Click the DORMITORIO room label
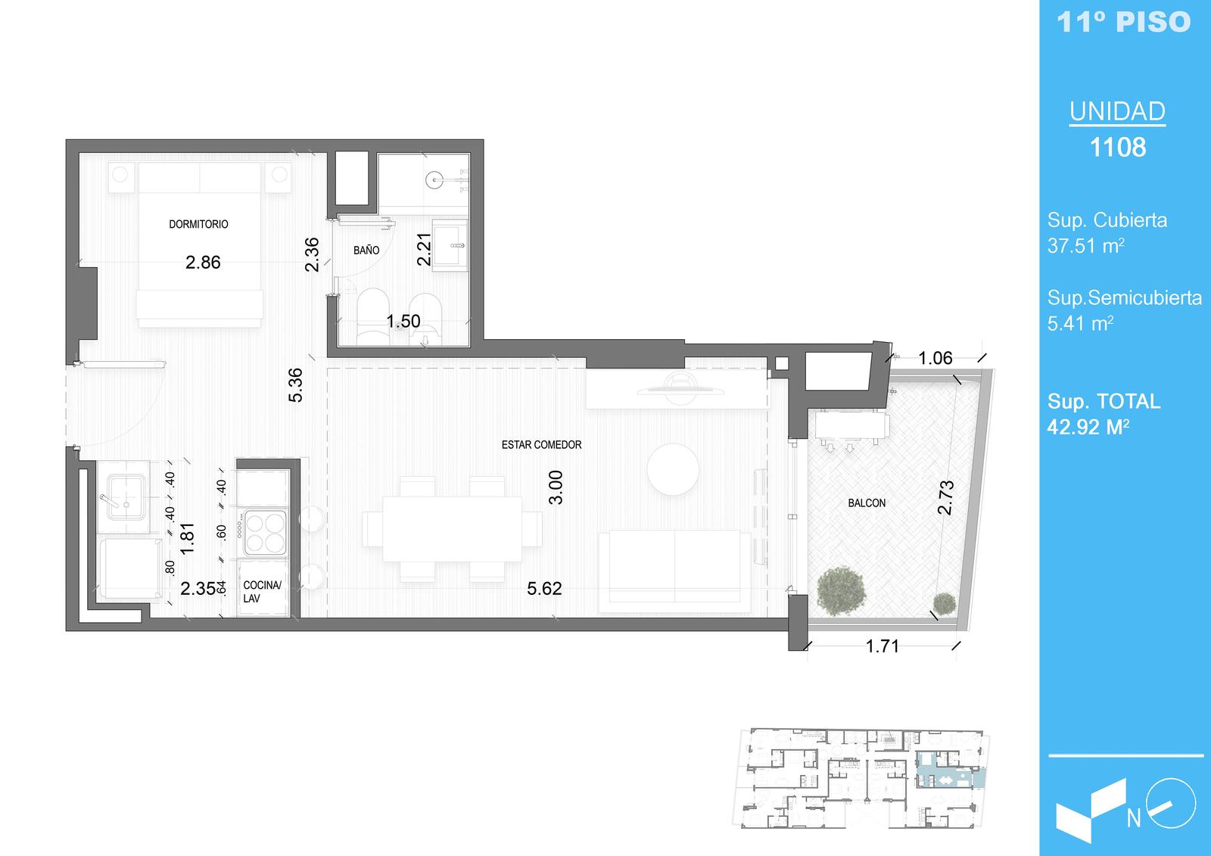click(198, 224)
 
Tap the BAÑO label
click(366, 250)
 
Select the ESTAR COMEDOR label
click(541, 444)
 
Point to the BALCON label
click(867, 503)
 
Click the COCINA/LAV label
click(262, 592)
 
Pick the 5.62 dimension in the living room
click(544, 588)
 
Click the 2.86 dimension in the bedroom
click(203, 263)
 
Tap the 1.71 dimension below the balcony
click(883, 646)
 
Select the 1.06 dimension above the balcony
click(935, 358)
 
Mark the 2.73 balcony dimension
click(946, 497)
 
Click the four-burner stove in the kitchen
click(265, 533)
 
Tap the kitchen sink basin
click(126, 497)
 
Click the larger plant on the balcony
click(841, 590)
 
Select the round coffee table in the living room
click(673, 468)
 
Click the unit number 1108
click(1117, 147)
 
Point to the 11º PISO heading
click(1124, 22)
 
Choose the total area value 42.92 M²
click(1088, 427)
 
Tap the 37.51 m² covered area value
click(1085, 245)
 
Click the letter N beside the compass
click(1134, 819)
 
